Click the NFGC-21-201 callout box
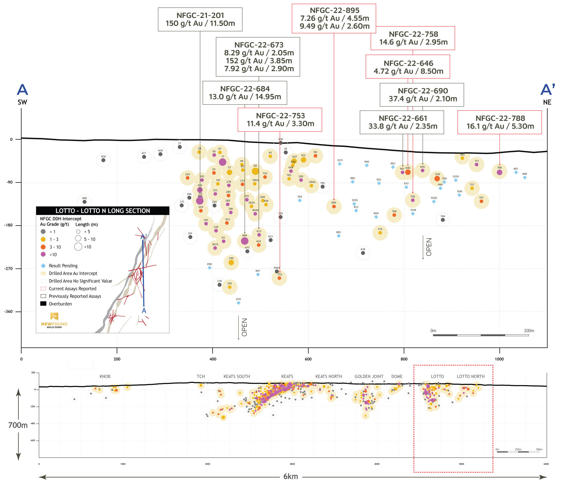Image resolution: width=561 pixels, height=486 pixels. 200,19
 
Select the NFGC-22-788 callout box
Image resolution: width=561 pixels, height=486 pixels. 499,122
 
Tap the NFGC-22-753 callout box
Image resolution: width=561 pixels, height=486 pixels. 280,120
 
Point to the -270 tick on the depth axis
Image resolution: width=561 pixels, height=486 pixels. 9,269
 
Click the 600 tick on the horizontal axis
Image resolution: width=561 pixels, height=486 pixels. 308,359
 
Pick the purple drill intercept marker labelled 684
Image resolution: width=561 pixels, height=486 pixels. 245,241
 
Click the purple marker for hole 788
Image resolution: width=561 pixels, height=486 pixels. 499,172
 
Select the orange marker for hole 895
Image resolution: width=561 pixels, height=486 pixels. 334,206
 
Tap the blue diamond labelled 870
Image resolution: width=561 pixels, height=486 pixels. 238,303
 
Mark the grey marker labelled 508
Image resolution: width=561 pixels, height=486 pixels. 103,160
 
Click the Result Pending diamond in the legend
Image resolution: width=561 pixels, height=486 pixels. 43,266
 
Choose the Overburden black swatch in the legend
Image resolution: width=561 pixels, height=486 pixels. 43,304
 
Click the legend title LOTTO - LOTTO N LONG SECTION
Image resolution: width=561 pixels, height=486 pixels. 103,211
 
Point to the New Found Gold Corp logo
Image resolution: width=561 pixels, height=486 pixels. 54,320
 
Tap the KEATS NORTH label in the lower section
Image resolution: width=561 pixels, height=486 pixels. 328,376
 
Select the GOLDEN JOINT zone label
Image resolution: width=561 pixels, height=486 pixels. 369,376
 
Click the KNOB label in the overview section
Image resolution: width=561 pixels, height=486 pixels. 105,376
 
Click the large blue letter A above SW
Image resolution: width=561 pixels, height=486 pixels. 22,90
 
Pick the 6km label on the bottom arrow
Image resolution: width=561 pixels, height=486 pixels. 290,476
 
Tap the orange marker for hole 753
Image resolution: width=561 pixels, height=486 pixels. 279,278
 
